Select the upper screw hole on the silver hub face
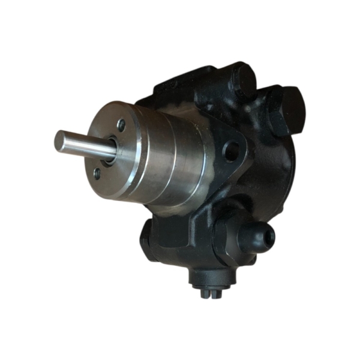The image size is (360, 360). (121, 125)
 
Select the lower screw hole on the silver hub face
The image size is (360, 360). (97, 174)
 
